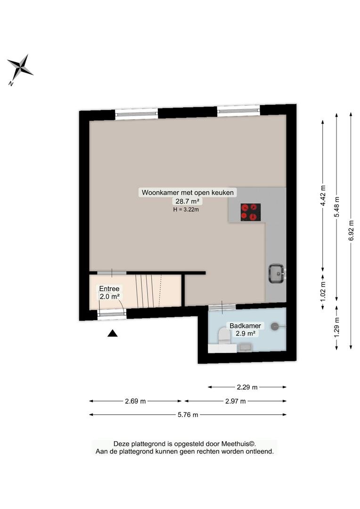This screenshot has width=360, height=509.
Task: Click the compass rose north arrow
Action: [x=20, y=68]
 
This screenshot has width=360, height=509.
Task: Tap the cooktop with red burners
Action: [x=251, y=212]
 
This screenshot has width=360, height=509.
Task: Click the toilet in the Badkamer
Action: [x=224, y=336]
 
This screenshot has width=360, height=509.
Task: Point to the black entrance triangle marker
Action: [x=112, y=333]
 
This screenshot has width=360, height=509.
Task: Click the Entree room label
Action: [x=109, y=288]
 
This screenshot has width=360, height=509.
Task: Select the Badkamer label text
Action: [x=245, y=326]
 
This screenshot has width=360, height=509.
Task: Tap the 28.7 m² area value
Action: [x=187, y=201]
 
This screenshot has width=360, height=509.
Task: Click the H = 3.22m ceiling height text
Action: [x=186, y=209]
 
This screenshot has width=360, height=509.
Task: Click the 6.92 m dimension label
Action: [x=351, y=230]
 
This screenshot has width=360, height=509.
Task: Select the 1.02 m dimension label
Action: [x=323, y=291]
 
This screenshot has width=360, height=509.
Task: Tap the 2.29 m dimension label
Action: [x=247, y=387]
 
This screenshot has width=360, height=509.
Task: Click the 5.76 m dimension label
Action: [x=188, y=415]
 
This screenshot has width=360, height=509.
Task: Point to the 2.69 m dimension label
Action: [x=135, y=401]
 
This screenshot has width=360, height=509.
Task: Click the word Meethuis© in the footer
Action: [x=238, y=444]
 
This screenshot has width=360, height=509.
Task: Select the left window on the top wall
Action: [x=137, y=114]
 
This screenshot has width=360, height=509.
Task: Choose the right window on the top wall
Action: [x=238, y=111]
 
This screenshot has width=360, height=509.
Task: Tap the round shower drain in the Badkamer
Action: [x=275, y=326]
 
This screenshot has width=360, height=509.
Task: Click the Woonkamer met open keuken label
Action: [x=188, y=192]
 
